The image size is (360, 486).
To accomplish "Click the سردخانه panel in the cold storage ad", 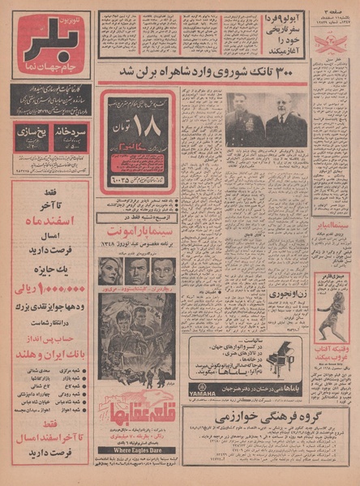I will click(71, 135).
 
